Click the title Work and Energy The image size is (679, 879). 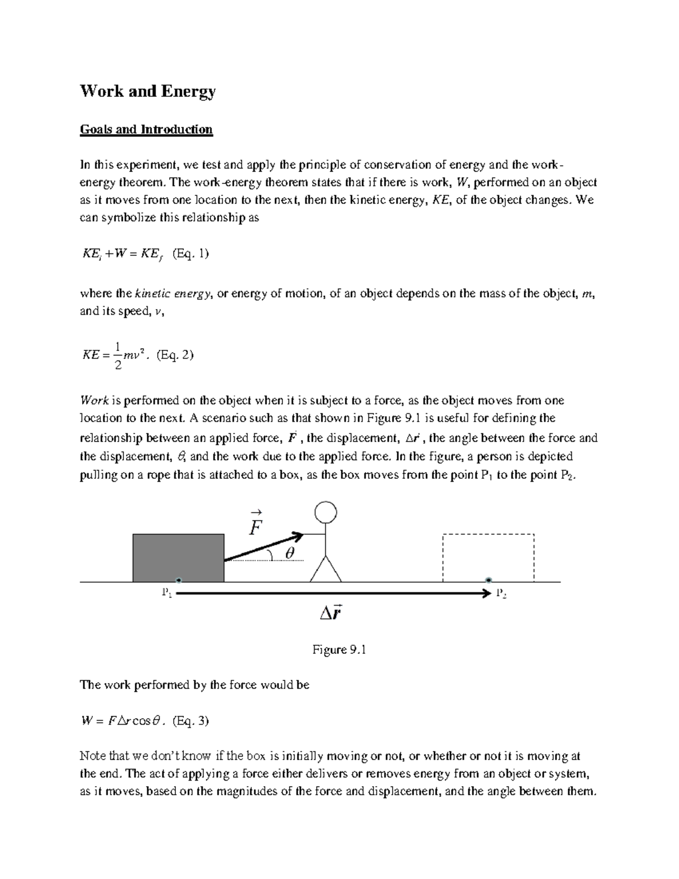click(148, 92)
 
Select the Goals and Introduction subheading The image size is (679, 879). click(146, 130)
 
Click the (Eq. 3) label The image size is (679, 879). click(191, 721)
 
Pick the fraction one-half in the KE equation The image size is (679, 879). click(117, 355)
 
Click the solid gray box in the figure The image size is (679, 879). click(178, 557)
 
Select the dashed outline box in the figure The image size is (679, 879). click(488, 557)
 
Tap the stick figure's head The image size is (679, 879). click(325, 513)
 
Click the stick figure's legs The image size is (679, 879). click(325, 569)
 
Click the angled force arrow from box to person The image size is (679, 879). click(263, 547)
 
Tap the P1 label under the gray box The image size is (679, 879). click(167, 593)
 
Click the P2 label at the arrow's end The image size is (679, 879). click(501, 593)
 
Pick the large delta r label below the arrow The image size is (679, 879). click(329, 613)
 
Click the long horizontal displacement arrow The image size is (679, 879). click(334, 593)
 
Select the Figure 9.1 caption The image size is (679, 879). click(339, 650)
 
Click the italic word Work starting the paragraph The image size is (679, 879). click(94, 401)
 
